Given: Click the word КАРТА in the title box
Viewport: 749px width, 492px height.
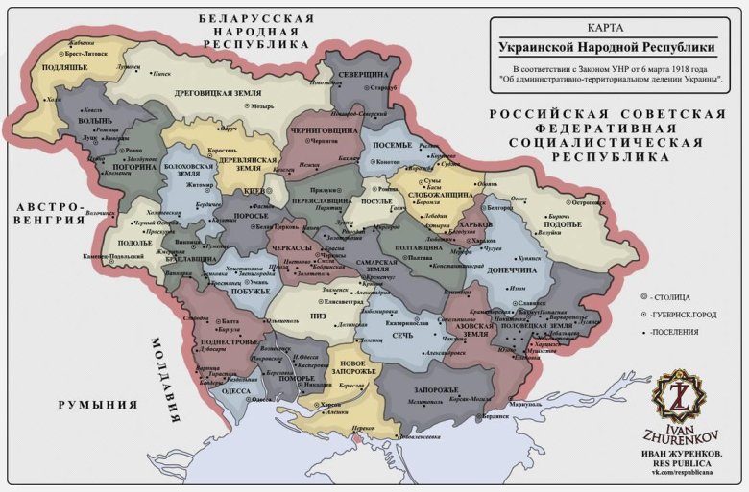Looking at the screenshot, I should tap(612, 28).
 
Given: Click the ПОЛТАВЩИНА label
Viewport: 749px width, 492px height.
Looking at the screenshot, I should tap(415, 248).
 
